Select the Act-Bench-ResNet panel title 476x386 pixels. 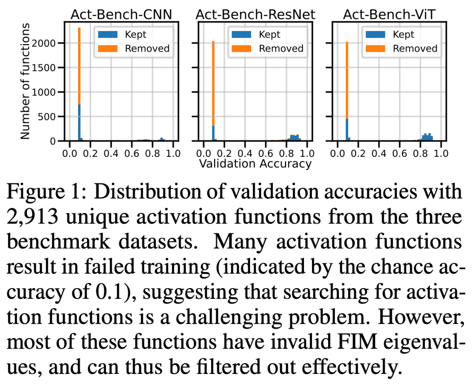point(255,15)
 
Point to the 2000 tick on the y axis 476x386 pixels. point(44,44)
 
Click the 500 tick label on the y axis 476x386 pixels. point(48,116)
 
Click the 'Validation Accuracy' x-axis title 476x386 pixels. point(255,163)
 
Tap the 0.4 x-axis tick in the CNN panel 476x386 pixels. point(111,152)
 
